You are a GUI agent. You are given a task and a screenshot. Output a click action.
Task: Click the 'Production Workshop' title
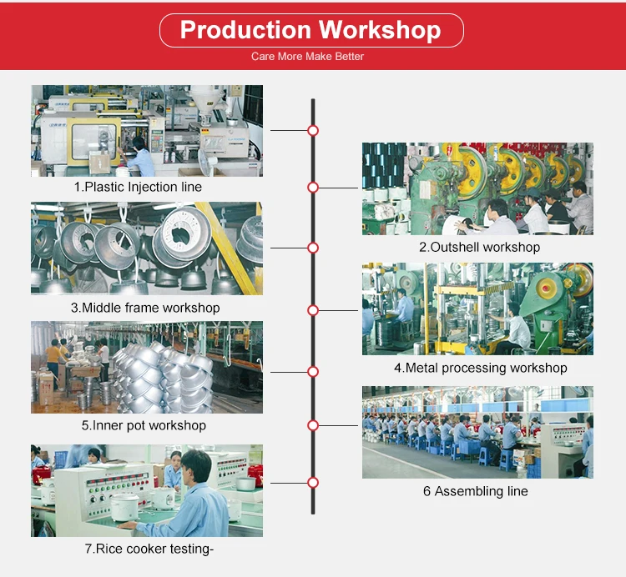coord(310,30)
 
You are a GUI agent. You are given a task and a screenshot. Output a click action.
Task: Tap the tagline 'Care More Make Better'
coord(307,56)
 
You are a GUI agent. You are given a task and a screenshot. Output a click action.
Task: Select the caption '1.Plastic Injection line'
coord(138,187)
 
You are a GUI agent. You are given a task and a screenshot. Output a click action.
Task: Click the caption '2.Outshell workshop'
coord(479,247)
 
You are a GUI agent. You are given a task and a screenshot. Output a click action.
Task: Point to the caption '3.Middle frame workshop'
coord(145,308)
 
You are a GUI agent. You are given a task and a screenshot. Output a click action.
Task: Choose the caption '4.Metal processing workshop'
coord(481,368)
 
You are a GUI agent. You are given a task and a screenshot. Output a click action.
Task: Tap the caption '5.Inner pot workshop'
coord(144,425)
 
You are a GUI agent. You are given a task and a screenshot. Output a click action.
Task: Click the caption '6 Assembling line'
coord(476,491)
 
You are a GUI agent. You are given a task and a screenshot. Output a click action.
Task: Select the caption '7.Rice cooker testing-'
coord(149,549)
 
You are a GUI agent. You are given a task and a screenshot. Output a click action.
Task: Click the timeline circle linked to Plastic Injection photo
coord(313,130)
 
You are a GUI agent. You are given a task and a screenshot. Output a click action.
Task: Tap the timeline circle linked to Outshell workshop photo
coord(313,188)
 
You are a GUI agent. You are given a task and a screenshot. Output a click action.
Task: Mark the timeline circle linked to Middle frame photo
coord(313,248)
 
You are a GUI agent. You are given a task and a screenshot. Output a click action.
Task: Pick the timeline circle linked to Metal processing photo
coord(313,310)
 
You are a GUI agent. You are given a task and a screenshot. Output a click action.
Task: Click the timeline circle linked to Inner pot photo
coord(313,372)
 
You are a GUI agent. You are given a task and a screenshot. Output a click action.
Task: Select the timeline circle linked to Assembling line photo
coord(313,425)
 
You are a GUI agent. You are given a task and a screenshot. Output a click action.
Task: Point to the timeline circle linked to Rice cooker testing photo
coord(313,483)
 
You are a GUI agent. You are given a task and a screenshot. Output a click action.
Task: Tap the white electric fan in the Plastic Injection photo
coord(206,163)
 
